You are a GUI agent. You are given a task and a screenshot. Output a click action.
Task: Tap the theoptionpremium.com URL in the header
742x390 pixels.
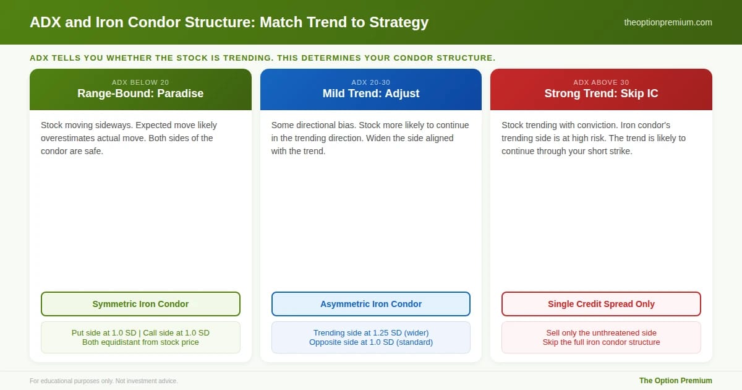(668, 22)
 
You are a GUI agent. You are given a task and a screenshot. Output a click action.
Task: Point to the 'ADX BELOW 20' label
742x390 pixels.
(140, 82)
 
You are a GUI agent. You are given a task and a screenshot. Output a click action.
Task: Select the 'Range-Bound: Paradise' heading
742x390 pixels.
(140, 93)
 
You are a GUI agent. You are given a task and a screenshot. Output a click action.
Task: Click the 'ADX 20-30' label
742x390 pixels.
(370, 82)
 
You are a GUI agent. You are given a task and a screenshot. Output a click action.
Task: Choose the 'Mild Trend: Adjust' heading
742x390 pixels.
(370, 93)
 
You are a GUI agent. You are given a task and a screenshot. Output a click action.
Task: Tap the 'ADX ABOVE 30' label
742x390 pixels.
(601, 82)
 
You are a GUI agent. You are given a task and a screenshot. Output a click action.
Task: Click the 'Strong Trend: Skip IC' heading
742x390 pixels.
(601, 93)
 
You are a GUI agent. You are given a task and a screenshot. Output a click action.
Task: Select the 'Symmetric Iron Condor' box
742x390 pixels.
(140, 304)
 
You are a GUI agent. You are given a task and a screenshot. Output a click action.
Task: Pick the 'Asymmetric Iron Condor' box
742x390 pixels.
(370, 304)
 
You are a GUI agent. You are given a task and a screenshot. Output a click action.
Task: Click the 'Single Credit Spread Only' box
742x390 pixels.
(601, 304)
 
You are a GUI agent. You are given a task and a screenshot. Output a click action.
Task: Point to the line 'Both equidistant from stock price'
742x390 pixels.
(140, 342)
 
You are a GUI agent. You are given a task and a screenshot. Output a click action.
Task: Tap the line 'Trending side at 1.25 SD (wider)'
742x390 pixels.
(370, 332)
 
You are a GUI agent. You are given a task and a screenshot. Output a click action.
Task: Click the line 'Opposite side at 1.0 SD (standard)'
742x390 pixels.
(370, 342)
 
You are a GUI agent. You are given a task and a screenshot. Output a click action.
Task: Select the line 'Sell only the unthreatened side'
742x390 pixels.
(601, 332)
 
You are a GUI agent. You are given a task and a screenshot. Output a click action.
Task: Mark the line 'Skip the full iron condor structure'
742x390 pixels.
(601, 342)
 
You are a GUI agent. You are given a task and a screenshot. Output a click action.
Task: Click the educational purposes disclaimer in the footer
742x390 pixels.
(104, 381)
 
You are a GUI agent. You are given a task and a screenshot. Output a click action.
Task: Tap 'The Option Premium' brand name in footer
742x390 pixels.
(675, 380)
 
